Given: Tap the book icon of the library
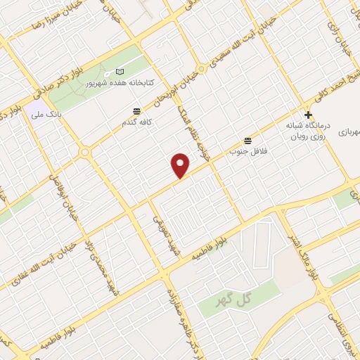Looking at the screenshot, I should point(120,72).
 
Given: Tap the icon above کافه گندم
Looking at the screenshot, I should point(136,110).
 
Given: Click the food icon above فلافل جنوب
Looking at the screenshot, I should point(246,140).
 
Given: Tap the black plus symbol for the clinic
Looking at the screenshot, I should point(307,115).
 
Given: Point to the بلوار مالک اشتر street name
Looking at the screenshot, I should point(303,247).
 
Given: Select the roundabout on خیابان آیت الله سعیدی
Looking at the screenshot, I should point(201,69).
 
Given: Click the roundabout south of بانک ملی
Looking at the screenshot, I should point(84,152).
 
